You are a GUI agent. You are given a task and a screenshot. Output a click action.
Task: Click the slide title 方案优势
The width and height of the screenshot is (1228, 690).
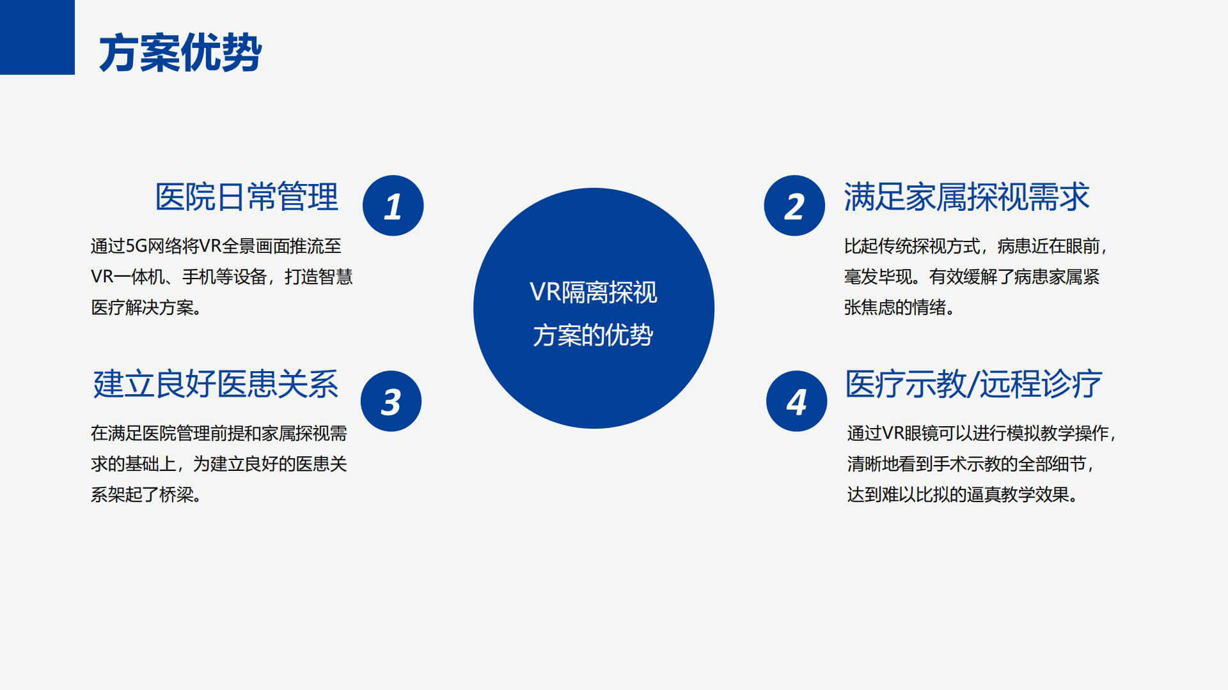point(180,53)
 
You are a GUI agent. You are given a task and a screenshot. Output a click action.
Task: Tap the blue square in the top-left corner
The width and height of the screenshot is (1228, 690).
point(37,37)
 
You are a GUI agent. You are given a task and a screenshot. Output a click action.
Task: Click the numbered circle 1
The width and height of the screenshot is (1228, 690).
point(393,206)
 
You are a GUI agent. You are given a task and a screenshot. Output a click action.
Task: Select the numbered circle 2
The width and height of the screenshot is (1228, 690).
point(794,206)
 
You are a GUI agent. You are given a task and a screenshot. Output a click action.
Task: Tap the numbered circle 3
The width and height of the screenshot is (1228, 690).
point(391,401)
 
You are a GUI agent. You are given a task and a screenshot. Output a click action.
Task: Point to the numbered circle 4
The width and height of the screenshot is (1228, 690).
point(796,401)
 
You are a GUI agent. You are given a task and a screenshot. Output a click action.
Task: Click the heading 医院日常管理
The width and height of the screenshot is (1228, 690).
point(246,197)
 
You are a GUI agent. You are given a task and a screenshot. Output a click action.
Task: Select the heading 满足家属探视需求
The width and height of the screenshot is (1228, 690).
point(966,197)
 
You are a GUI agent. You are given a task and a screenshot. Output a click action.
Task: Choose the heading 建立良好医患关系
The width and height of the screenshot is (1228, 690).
point(216,384)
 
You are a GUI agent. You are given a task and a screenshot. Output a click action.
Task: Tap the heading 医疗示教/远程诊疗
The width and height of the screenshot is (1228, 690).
point(973,384)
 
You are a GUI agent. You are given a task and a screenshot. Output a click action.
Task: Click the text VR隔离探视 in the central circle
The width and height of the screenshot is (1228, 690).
point(594,293)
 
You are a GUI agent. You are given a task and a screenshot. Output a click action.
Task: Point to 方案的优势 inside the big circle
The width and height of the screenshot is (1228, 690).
point(594,335)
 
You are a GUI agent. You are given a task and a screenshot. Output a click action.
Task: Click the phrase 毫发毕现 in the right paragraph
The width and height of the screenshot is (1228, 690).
point(878,277)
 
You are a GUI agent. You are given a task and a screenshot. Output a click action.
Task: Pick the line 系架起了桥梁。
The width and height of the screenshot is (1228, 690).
point(146,494)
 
